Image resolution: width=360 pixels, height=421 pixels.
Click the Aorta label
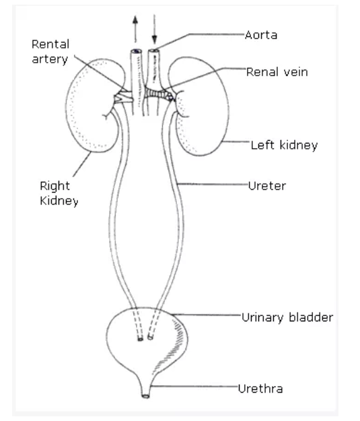[x=261, y=35]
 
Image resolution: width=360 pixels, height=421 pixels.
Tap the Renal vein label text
[x=277, y=72]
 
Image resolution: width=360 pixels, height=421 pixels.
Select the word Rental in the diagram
[x=50, y=44]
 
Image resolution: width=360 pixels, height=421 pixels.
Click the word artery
[x=50, y=59]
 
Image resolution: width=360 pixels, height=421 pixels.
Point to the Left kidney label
[x=284, y=145]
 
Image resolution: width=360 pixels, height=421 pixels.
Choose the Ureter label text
[x=267, y=186]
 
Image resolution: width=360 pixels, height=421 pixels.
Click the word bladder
[x=311, y=317]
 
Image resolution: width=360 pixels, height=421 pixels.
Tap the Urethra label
[x=260, y=389]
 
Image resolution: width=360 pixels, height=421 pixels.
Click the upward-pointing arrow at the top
[x=135, y=29]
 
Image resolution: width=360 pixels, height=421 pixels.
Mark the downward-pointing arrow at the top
[x=154, y=29]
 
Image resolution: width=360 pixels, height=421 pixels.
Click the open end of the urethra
[x=145, y=396]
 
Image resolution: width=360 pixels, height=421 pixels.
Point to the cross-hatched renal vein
[x=159, y=94]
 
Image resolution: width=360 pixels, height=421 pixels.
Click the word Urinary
[x=262, y=318]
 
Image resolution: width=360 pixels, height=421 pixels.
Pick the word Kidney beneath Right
[x=59, y=201]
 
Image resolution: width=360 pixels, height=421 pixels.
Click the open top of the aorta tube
[x=154, y=51]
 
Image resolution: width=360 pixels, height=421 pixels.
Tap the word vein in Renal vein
[x=294, y=72]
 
